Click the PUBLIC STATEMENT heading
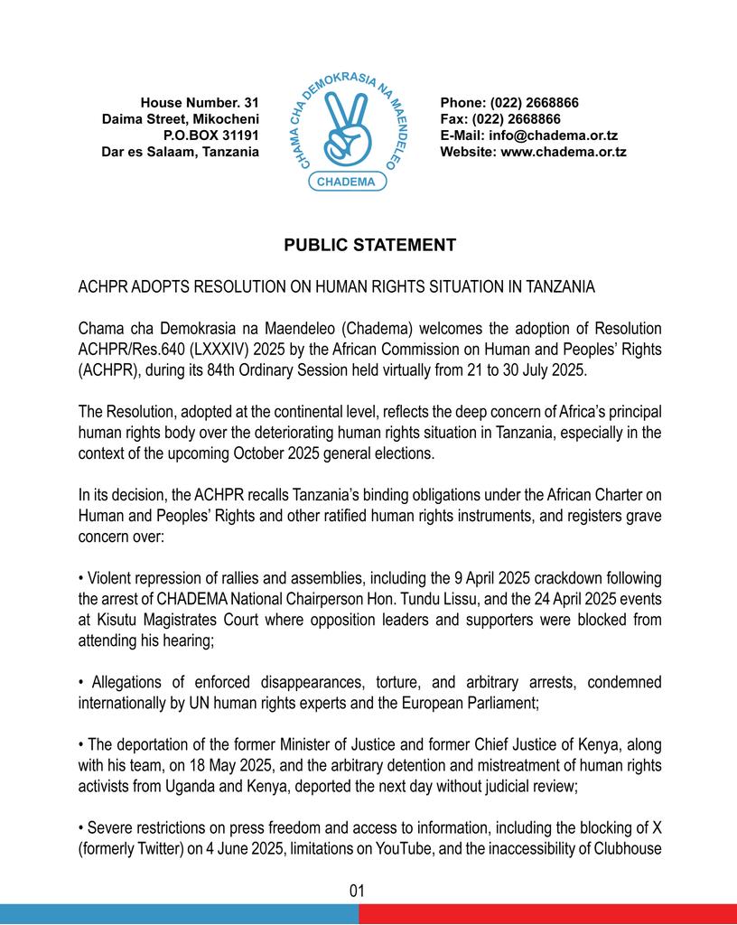[x=369, y=246]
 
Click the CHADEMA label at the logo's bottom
[x=348, y=182]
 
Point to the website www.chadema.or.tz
[x=563, y=152]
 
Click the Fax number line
[x=500, y=119]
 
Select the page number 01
[x=357, y=891]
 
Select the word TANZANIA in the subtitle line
[x=555, y=288]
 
